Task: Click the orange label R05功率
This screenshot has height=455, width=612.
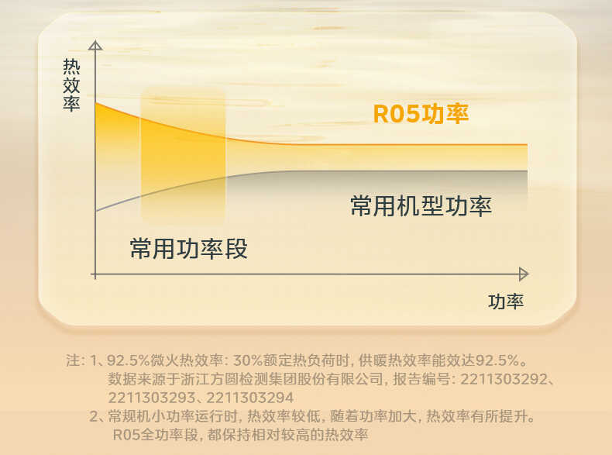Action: pyautogui.click(x=421, y=114)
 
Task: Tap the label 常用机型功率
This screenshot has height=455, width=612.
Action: pyautogui.click(x=421, y=206)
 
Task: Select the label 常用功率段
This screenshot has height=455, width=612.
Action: pyautogui.click(x=188, y=249)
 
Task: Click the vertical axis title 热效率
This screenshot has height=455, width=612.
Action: pyautogui.click(x=71, y=85)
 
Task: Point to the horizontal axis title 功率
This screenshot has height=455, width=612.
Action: pyautogui.click(x=506, y=302)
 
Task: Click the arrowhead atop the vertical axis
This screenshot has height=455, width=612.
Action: pyautogui.click(x=95, y=45)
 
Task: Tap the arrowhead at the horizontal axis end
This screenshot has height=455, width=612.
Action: pyautogui.click(x=524, y=274)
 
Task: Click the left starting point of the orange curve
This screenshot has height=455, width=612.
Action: pyautogui.click(x=96, y=103)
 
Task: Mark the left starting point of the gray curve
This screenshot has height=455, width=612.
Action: pyautogui.click(x=96, y=212)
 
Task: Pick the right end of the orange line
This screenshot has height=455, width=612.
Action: pyautogui.click(x=528, y=145)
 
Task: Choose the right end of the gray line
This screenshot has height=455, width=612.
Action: pyautogui.click(x=528, y=171)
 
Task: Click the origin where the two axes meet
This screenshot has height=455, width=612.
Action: pyautogui.click(x=95, y=274)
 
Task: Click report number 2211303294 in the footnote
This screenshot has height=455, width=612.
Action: pyautogui.click(x=249, y=398)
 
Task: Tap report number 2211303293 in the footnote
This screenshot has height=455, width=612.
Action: pyautogui.click(x=151, y=398)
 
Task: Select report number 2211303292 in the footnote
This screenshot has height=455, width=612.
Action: pyautogui.click(x=504, y=379)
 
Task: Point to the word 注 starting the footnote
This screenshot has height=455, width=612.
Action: pyautogui.click(x=73, y=360)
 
